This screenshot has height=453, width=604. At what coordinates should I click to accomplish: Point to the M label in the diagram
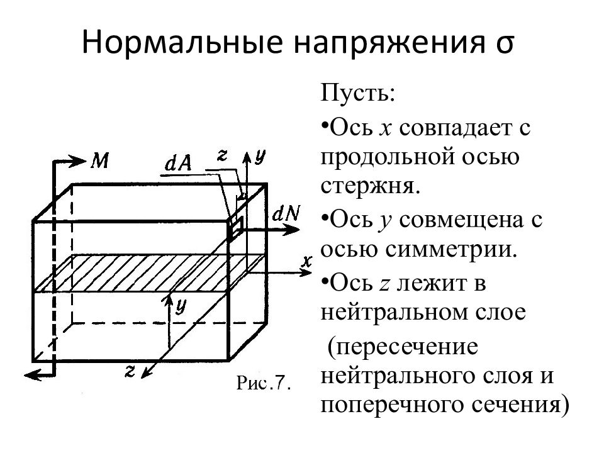(x=99, y=161)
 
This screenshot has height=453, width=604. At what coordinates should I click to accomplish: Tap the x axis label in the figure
(x=306, y=260)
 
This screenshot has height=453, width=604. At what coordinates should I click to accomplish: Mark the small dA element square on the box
(x=234, y=227)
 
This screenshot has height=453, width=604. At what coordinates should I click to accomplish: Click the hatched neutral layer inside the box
(x=145, y=273)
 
